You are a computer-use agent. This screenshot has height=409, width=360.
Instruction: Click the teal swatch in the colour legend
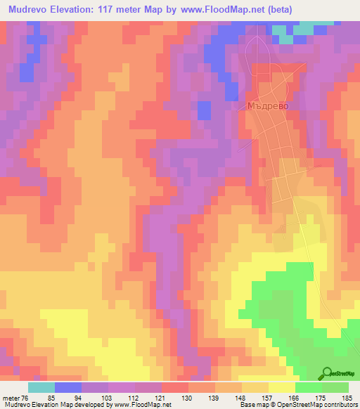tap(41, 387)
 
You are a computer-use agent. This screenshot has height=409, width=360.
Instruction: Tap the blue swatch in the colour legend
tap(67, 387)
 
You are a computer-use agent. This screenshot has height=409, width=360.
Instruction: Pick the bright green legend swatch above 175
tap(308, 387)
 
